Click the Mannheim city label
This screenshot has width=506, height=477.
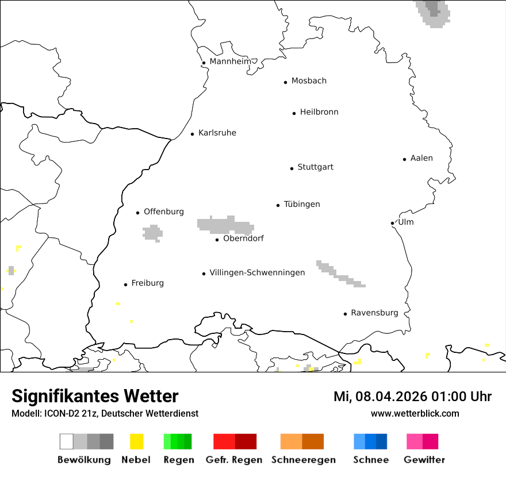point(230,61)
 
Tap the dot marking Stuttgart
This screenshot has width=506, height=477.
point(292,168)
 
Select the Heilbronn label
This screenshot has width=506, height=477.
point(319,112)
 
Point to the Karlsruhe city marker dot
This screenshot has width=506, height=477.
point(193,134)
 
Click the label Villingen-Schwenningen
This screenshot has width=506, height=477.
point(257,272)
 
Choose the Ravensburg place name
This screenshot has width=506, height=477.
point(374,313)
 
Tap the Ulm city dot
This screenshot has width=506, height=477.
point(392,223)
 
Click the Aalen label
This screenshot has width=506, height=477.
point(421,158)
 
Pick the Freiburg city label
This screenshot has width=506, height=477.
point(147,283)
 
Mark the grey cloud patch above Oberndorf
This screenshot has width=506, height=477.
point(225,224)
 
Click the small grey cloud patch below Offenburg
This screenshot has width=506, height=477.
point(153,233)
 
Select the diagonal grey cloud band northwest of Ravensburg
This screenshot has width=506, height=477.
point(340,274)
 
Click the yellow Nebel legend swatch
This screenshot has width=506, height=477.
point(136,441)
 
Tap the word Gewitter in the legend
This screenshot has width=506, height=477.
point(424,460)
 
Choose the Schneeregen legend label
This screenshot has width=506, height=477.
point(303,460)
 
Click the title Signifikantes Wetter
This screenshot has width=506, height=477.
point(95,397)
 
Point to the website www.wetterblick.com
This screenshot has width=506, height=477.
point(415,413)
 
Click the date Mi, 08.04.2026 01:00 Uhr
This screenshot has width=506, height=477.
point(412,397)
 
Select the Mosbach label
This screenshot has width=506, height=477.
point(309,81)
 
